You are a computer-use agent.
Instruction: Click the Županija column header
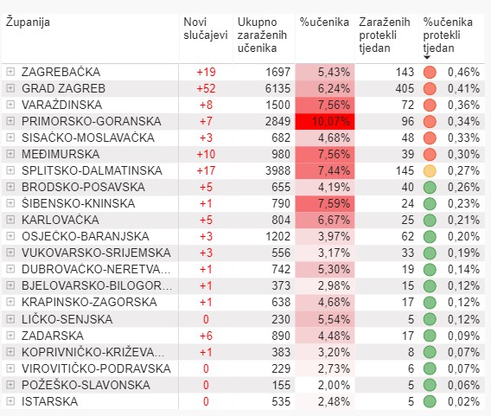pos(28,22)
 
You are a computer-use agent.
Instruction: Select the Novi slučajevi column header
pos(206,29)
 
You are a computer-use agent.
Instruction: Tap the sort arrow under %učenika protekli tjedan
pos(426,57)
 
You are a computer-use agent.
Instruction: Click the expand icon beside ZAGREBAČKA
pos(10,72)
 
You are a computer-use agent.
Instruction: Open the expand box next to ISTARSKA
pos(10,401)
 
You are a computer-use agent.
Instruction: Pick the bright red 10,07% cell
pos(325,121)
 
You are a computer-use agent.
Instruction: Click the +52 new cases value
pos(206,88)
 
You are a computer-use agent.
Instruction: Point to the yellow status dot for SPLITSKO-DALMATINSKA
pos(430,170)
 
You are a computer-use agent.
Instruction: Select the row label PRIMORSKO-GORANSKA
pos(92,121)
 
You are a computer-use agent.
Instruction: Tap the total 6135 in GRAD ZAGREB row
pos(277,88)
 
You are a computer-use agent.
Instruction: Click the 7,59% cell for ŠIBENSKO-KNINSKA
pos(325,203)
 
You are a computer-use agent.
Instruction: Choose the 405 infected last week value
pos(405,88)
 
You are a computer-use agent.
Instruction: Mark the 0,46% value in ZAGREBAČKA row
pos(463,72)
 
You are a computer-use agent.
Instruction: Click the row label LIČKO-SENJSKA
pos(67,319)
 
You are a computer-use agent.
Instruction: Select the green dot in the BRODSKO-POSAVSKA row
pos(430,188)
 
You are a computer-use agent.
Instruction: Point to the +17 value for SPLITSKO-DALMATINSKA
pos(206,170)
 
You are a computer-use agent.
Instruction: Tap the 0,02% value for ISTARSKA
pos(463,401)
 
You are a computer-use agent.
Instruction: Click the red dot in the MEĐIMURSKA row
pos(430,154)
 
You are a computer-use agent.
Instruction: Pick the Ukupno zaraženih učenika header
pos(262,35)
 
